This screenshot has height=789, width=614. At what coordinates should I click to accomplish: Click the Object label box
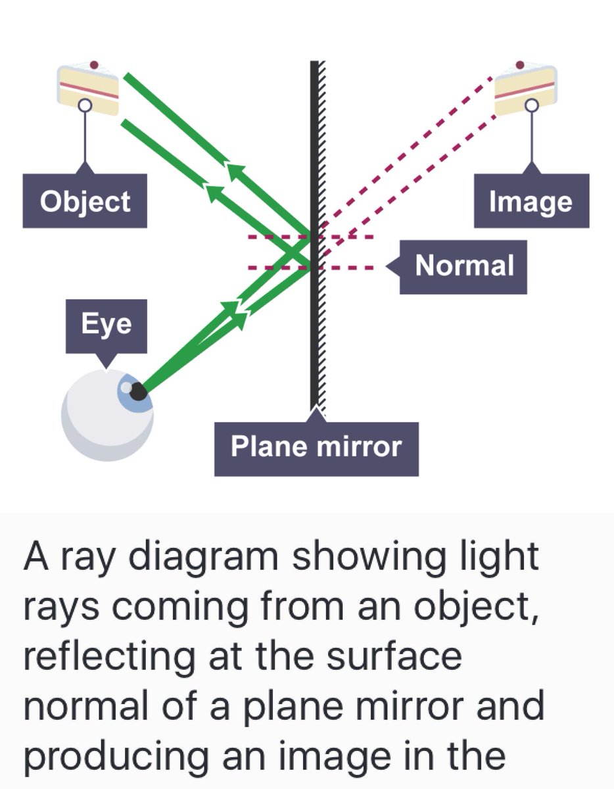coord(85,201)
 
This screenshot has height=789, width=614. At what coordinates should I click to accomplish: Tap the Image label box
coord(531,201)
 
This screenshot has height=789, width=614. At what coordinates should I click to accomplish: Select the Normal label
coord(464,266)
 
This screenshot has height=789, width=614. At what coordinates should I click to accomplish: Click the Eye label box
coord(106,324)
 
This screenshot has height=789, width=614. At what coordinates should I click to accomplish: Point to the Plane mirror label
coord(316,448)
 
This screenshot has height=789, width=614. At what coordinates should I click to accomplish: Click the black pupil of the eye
coord(137,392)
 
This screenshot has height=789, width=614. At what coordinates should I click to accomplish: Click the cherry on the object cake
coord(94,66)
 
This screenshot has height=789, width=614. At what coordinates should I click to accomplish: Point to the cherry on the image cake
coord(520,65)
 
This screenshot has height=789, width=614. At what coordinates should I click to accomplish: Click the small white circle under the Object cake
coord(84,105)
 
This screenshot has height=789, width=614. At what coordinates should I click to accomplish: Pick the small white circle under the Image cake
coord(531,105)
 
